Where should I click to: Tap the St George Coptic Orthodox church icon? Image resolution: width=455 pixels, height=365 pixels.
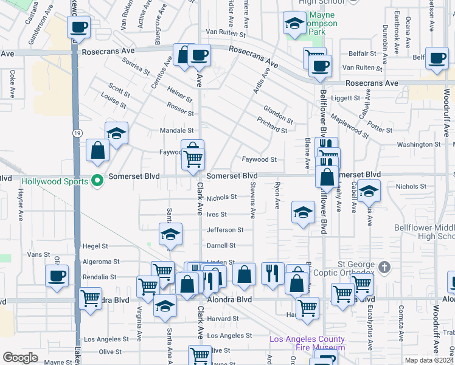click(384, 267)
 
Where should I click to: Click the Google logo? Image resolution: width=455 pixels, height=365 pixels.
click(20, 357)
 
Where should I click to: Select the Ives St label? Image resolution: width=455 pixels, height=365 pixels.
click(217, 215)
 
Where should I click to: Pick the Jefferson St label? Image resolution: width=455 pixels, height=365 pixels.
click(225, 230)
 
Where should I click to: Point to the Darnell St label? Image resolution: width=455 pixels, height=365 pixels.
click(221, 245)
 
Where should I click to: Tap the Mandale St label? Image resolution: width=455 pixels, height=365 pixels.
click(176, 130)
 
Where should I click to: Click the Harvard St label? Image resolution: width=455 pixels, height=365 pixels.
click(222, 319)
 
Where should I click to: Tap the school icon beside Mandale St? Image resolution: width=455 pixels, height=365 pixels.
click(116, 133)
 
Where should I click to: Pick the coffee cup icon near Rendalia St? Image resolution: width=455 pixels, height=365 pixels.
click(57, 276)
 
